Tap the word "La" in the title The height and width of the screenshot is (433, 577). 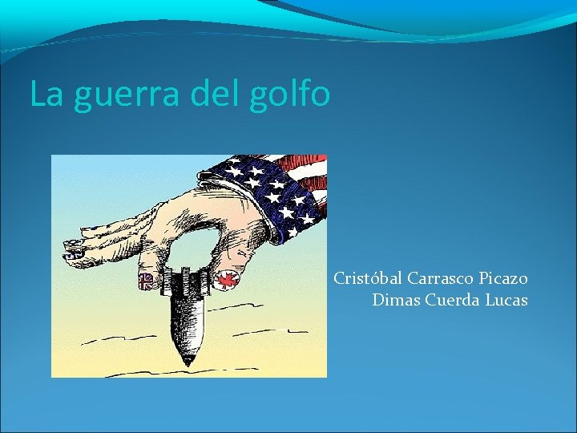tap(46, 95)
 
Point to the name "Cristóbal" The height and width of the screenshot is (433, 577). tap(368, 279)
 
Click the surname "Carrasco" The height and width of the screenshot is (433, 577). tap(442, 279)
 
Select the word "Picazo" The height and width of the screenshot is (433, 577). tap(504, 279)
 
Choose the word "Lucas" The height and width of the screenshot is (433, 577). tap(507, 301)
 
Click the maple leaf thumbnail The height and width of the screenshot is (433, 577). tap(225, 280)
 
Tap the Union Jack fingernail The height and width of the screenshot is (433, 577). tap(147, 281)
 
